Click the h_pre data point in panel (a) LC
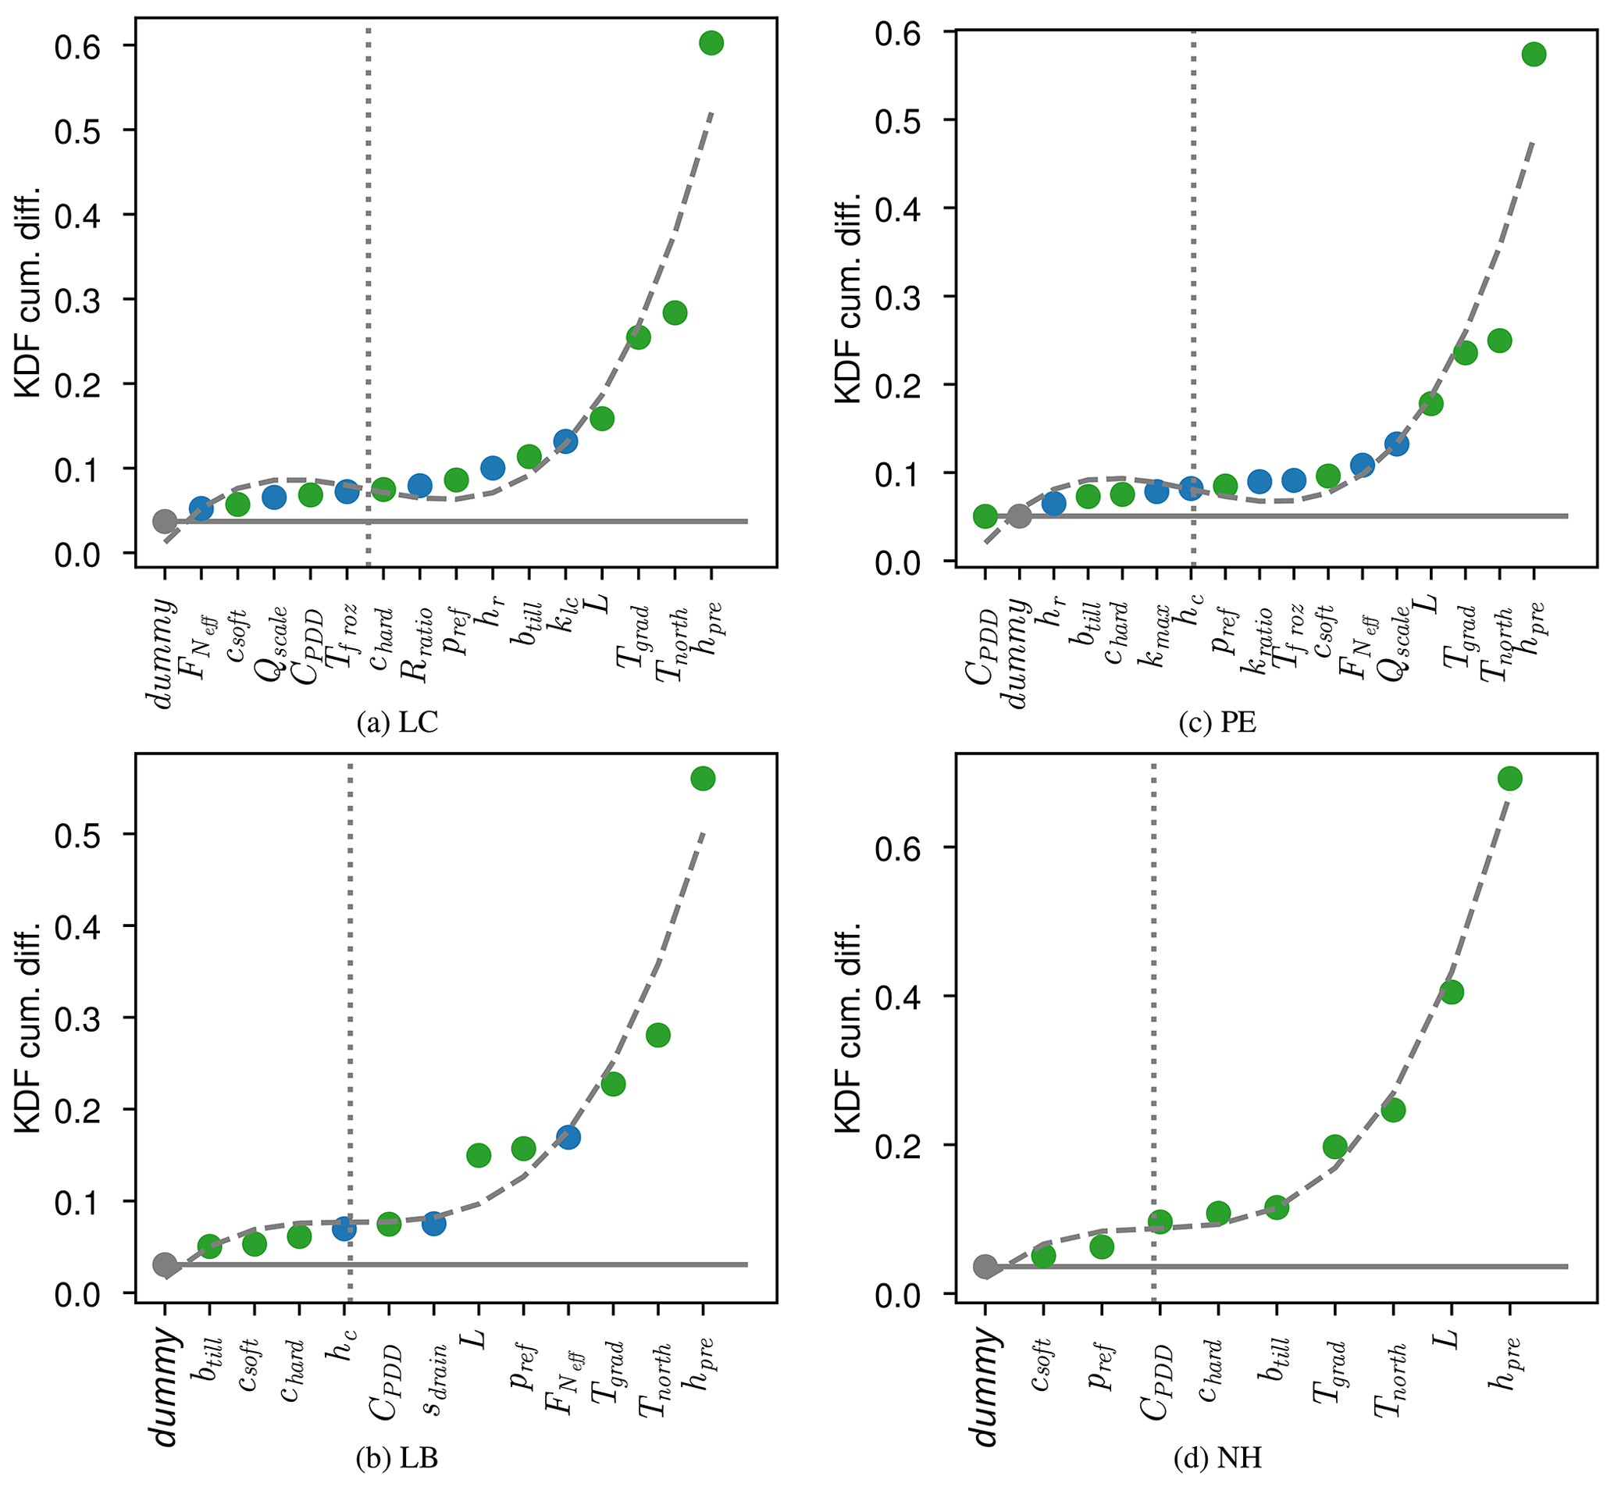coord(711,44)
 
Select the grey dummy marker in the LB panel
coord(165,1264)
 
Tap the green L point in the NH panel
coord(1451,992)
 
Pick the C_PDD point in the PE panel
coord(985,515)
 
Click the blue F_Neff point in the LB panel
coord(568,1137)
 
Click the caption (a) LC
coord(397,722)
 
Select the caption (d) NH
coord(1217,1457)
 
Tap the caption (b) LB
coord(397,1457)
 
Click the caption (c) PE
coord(1217,722)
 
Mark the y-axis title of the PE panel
coord(848,298)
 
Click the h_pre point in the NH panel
coord(1509,778)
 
